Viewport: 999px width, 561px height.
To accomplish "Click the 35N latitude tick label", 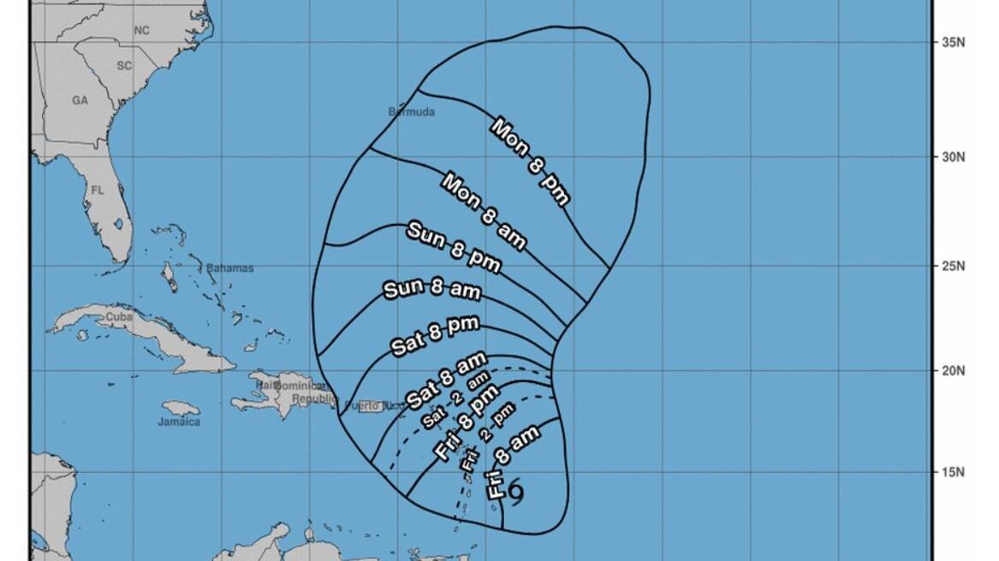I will (954, 41).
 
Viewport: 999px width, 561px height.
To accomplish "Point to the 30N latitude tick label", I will (954, 156).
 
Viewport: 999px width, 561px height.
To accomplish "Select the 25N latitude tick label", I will (954, 266).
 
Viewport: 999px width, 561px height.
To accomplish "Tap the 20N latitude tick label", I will (954, 371).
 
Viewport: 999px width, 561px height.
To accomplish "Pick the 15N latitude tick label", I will (954, 472).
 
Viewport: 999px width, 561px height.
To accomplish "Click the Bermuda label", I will (412, 112).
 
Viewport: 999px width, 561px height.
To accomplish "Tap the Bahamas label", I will (229, 268).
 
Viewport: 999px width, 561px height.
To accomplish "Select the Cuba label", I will (118, 317).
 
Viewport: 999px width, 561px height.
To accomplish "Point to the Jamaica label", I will (179, 422).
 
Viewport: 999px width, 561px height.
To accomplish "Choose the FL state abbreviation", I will (98, 190).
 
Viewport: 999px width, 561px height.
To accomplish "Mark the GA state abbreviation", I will (80, 100).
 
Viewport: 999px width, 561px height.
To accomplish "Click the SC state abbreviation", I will (124, 65).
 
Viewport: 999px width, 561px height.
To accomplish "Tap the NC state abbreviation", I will (141, 31).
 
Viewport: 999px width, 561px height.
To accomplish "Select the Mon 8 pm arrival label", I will (530, 162).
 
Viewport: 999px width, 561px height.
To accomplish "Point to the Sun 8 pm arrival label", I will (453, 246).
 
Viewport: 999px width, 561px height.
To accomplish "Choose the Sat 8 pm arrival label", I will (434, 335).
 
